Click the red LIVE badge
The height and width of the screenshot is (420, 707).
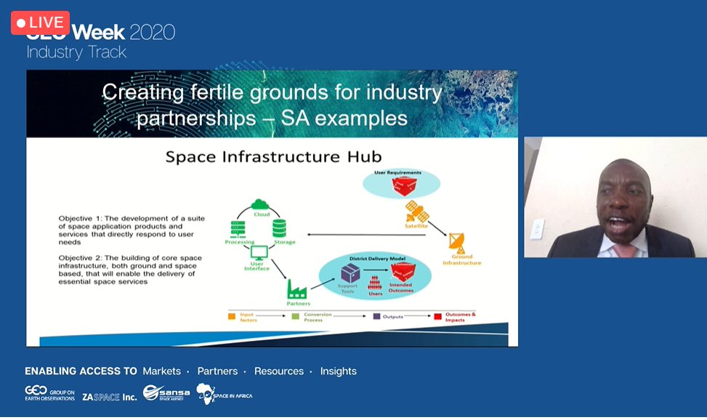[x=40, y=23]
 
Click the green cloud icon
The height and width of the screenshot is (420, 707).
[x=261, y=205]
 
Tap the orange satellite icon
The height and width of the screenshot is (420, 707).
[x=416, y=211]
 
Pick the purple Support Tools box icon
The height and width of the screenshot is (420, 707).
[x=350, y=272]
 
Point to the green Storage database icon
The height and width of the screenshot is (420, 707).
[x=279, y=229]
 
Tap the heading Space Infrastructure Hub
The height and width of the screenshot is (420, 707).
[x=273, y=156]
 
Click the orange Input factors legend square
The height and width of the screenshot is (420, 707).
[x=230, y=317]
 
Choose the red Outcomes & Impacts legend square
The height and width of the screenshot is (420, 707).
[x=438, y=317]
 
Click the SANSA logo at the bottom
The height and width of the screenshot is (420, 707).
[x=166, y=393]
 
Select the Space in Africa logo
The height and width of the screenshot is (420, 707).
[x=225, y=395]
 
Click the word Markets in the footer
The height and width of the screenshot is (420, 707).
[x=161, y=371]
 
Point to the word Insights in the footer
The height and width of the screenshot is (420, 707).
[x=338, y=371]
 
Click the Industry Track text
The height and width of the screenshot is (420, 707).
[x=76, y=52]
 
